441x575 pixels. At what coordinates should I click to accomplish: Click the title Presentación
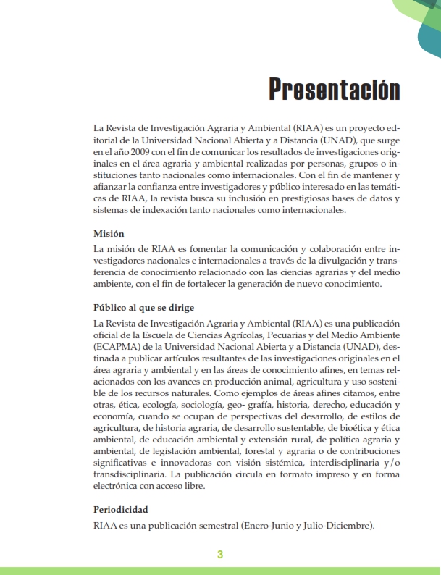(x=334, y=89)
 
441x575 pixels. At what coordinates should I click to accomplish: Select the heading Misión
(x=110, y=234)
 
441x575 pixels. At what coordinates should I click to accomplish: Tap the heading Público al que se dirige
(x=144, y=307)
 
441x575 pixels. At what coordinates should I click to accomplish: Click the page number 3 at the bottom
(x=220, y=555)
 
